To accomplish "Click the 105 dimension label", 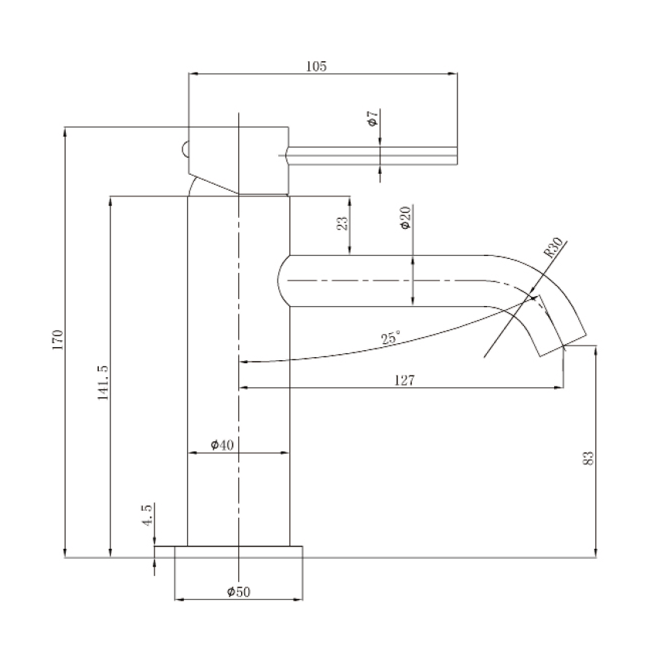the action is click(x=316, y=66).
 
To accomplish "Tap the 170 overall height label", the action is click(x=57, y=340).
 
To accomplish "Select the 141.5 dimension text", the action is click(x=103, y=382).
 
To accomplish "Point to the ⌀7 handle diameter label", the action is click(x=373, y=117).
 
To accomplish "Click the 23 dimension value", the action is click(x=342, y=223).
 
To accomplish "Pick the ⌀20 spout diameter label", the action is click(x=406, y=218).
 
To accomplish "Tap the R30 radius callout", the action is click(x=553, y=247).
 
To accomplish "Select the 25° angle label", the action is click(x=390, y=337).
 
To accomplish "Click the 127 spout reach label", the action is click(x=405, y=380).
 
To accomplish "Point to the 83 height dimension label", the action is click(x=588, y=458).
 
